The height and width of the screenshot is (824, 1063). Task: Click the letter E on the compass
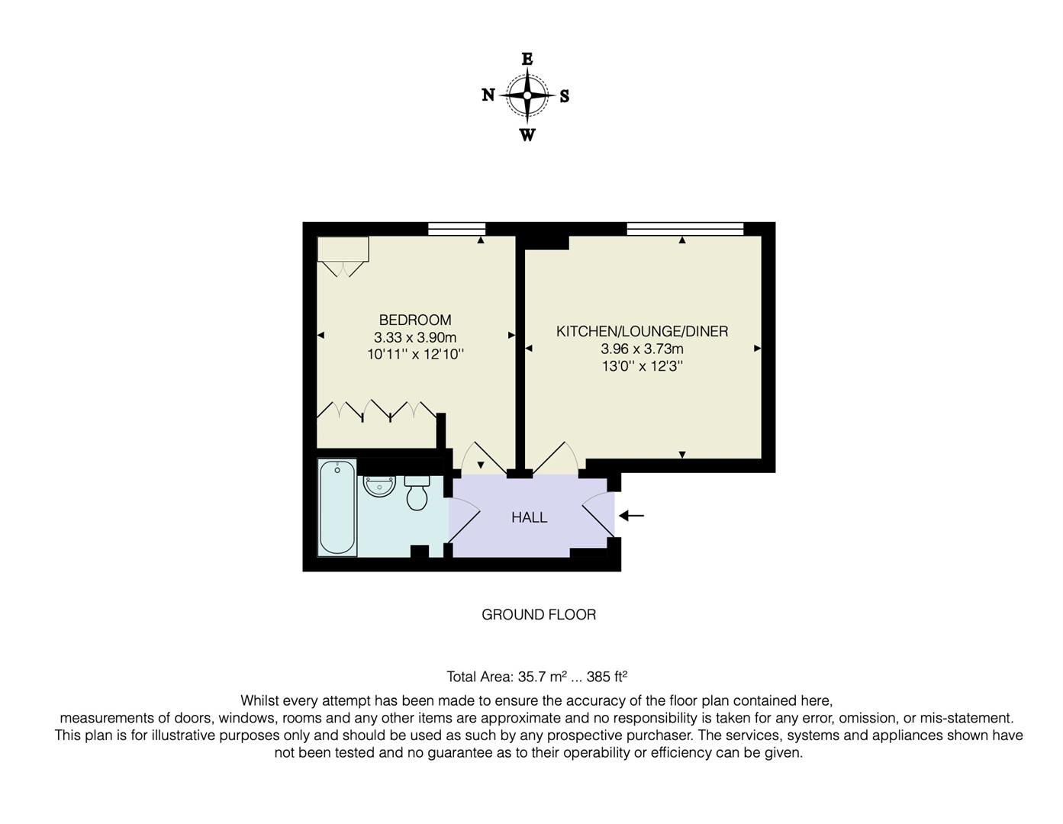(x=527, y=59)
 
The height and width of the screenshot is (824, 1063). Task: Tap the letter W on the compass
(x=527, y=136)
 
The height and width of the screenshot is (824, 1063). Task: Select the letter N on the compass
(x=488, y=95)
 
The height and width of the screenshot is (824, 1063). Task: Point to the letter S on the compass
(x=565, y=96)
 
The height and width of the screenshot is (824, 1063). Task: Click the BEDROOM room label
(x=415, y=320)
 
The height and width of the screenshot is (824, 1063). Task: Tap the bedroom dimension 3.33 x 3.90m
(x=415, y=337)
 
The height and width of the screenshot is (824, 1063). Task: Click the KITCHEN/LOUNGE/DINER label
(x=642, y=331)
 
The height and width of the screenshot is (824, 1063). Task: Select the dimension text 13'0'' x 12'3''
(x=642, y=366)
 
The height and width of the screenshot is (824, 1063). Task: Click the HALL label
(x=529, y=517)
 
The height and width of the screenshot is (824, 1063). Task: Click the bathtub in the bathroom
(x=337, y=507)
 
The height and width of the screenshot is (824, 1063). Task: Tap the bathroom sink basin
(x=379, y=486)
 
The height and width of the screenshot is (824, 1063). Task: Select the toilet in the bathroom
(x=417, y=494)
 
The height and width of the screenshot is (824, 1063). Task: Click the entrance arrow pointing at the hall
(x=632, y=516)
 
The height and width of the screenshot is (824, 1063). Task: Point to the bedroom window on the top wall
(x=456, y=227)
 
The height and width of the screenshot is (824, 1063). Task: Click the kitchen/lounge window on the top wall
(x=685, y=227)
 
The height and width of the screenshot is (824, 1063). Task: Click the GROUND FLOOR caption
(x=538, y=614)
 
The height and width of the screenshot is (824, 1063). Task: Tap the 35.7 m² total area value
(x=542, y=676)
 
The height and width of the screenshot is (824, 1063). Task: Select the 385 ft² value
(x=607, y=676)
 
